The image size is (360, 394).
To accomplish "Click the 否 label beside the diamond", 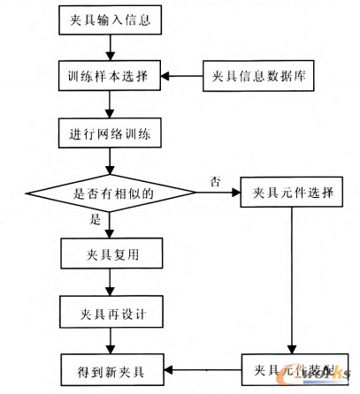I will click(x=214, y=180).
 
